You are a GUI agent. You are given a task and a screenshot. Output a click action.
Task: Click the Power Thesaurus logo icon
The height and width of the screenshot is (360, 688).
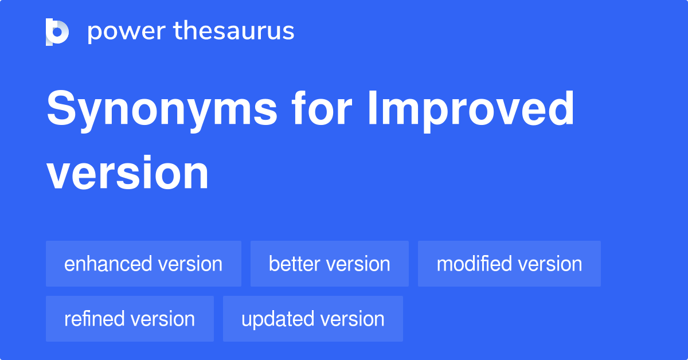(57, 32)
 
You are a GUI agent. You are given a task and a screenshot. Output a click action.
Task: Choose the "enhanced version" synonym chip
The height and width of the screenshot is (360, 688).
(143, 264)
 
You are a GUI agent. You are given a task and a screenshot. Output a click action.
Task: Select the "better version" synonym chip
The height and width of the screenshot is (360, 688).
(329, 264)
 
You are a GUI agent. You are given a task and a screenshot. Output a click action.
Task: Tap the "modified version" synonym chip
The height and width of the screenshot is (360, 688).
(509, 264)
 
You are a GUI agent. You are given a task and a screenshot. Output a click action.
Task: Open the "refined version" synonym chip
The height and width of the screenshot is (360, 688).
(130, 319)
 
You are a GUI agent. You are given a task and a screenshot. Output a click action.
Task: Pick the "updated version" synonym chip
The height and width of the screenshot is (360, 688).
(312, 319)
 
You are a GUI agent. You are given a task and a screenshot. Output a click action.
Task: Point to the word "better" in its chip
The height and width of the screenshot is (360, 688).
(295, 264)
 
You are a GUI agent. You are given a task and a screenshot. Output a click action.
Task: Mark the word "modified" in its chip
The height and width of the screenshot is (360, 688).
(474, 264)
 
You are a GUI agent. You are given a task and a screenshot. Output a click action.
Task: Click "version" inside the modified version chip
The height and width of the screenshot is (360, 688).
(549, 264)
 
